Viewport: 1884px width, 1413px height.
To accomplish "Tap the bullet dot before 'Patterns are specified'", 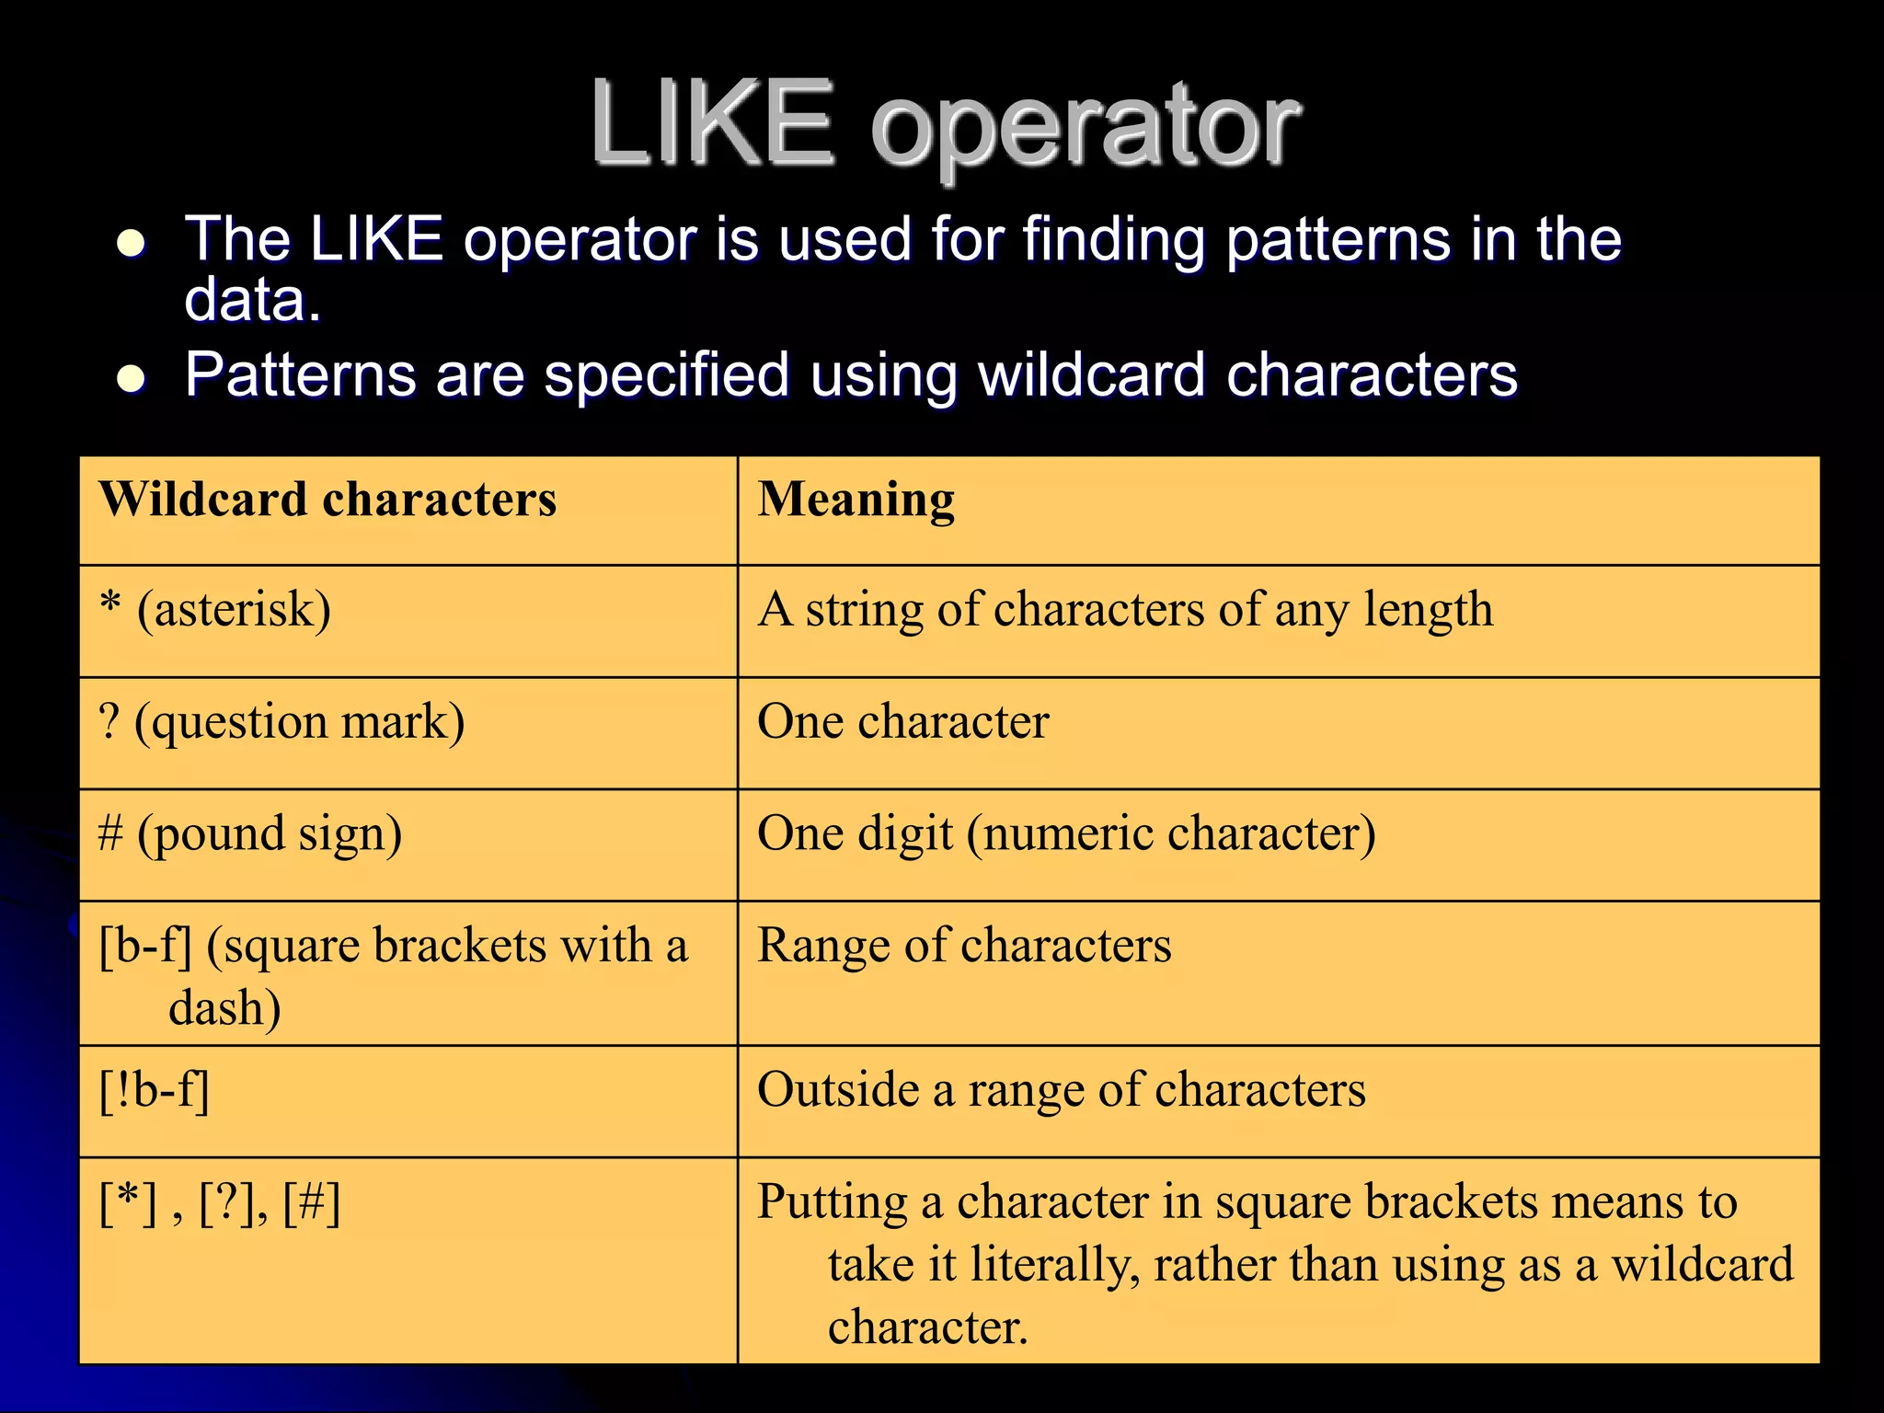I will coord(132,379).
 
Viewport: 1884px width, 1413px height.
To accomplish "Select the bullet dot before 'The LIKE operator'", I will coord(132,244).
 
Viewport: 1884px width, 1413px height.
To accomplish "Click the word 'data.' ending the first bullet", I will coord(253,300).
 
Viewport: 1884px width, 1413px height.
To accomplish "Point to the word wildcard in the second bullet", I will coord(1091,375).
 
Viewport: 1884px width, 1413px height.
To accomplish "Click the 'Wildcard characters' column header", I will coord(327,500).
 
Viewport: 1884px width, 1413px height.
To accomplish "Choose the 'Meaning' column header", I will coord(856,501).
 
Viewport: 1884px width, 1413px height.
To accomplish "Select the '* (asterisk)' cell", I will coord(215,610).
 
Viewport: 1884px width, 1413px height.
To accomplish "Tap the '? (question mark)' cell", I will coord(281,722).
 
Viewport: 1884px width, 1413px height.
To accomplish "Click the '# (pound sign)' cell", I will coord(250,834).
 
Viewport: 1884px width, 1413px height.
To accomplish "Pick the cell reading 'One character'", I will coord(902,722).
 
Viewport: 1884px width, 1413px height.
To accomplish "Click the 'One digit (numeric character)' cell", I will coord(1066,834).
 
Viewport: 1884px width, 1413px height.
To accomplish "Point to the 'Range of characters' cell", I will coord(964,946).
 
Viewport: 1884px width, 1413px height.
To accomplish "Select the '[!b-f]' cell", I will coord(155,1091).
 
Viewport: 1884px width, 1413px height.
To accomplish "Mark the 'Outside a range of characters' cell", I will coord(1061,1091).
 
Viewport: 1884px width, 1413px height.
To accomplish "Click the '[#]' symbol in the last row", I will coord(312,1203).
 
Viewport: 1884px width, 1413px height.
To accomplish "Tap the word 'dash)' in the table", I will coord(224,1008).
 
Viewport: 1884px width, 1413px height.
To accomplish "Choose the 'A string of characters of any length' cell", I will coord(1124,610).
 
